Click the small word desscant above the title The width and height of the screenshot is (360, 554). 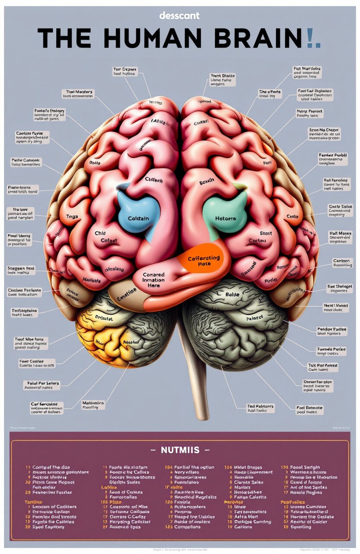point(179,16)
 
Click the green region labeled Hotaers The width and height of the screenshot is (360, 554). point(225,214)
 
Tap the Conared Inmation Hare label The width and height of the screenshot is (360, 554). point(154,280)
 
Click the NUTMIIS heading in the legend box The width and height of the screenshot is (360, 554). point(180,450)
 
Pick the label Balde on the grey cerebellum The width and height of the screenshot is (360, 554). point(232,294)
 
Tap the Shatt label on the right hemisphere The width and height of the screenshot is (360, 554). point(266,233)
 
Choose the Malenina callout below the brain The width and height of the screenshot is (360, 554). point(93,405)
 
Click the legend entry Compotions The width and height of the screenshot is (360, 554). point(186,527)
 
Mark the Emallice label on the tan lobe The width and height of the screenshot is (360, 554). point(127,292)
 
